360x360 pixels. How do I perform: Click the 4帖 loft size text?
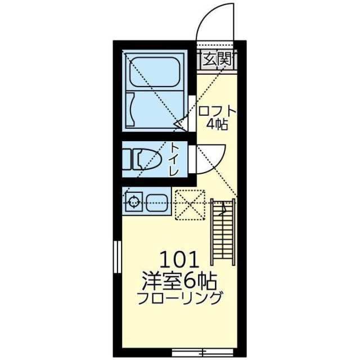217,125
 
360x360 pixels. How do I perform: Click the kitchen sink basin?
156,201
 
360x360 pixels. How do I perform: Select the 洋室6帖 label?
180,280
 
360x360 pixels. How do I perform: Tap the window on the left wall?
117,256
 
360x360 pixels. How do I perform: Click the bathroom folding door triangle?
180,123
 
